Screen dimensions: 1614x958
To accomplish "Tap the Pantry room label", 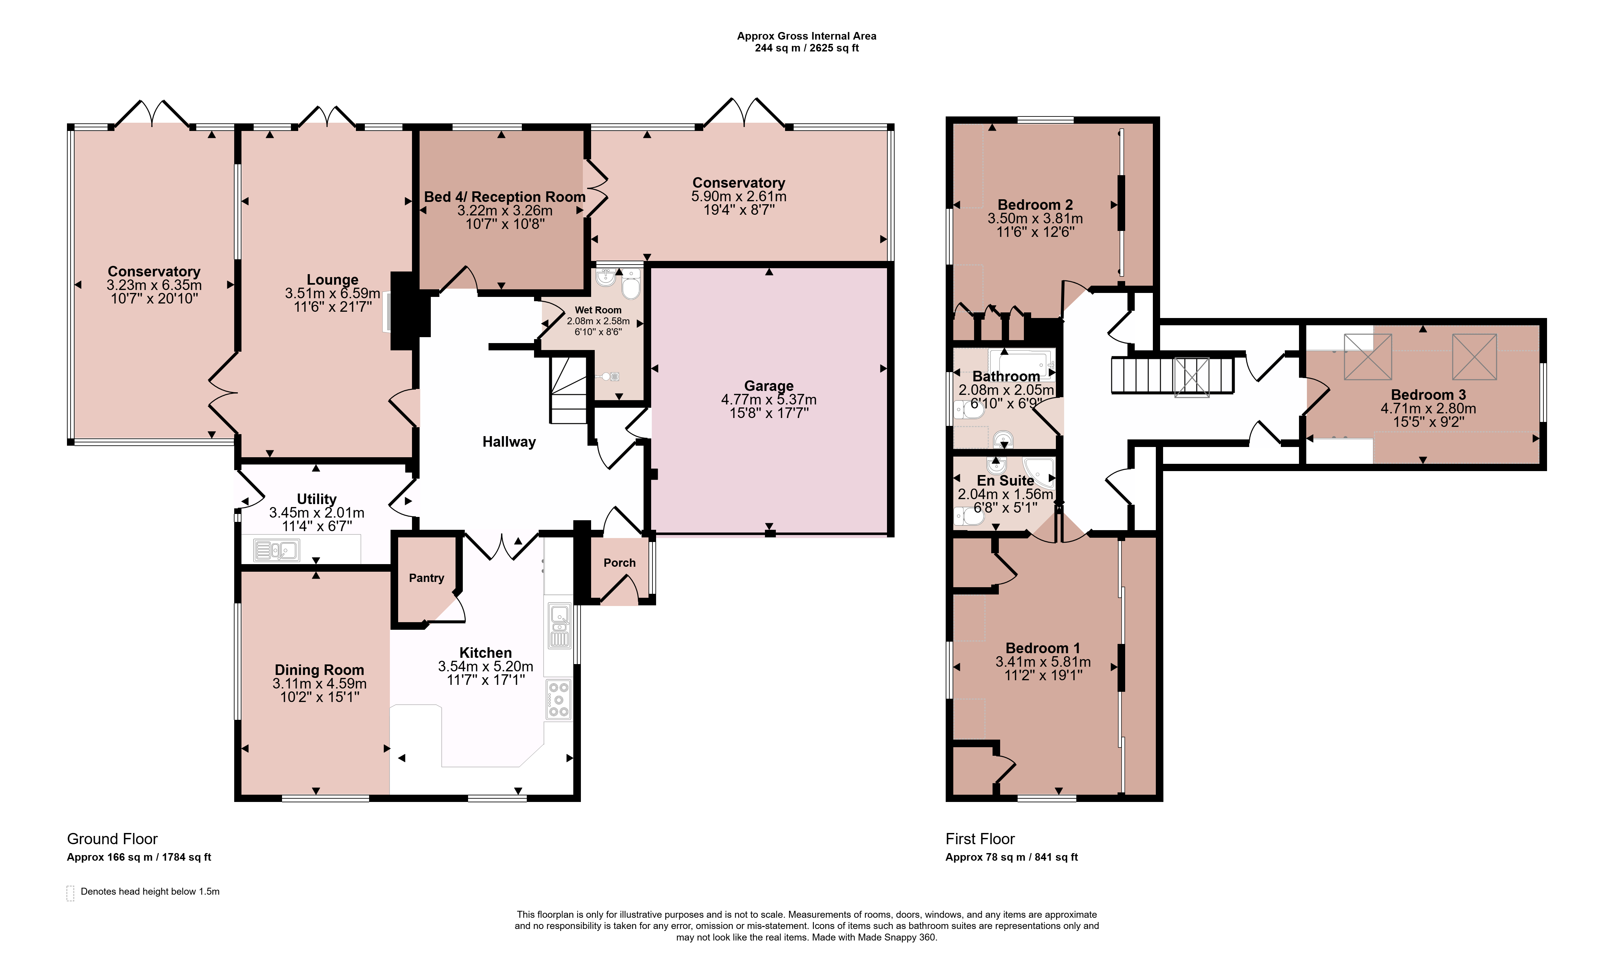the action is click(x=427, y=578).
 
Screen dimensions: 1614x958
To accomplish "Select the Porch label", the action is click(x=619, y=563).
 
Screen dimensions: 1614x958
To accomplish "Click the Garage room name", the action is click(x=769, y=386).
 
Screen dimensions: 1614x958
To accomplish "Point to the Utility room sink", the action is click(x=276, y=550).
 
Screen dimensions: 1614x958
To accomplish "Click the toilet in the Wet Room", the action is click(x=630, y=284).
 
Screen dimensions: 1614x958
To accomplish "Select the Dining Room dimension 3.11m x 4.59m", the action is click(x=319, y=684).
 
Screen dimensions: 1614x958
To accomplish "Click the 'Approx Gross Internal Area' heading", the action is click(x=807, y=36).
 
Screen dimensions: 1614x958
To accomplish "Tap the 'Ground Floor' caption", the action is click(x=112, y=839).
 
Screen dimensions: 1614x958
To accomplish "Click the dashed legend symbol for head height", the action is click(x=70, y=893).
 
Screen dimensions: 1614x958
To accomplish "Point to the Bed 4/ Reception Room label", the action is click(x=505, y=197).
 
